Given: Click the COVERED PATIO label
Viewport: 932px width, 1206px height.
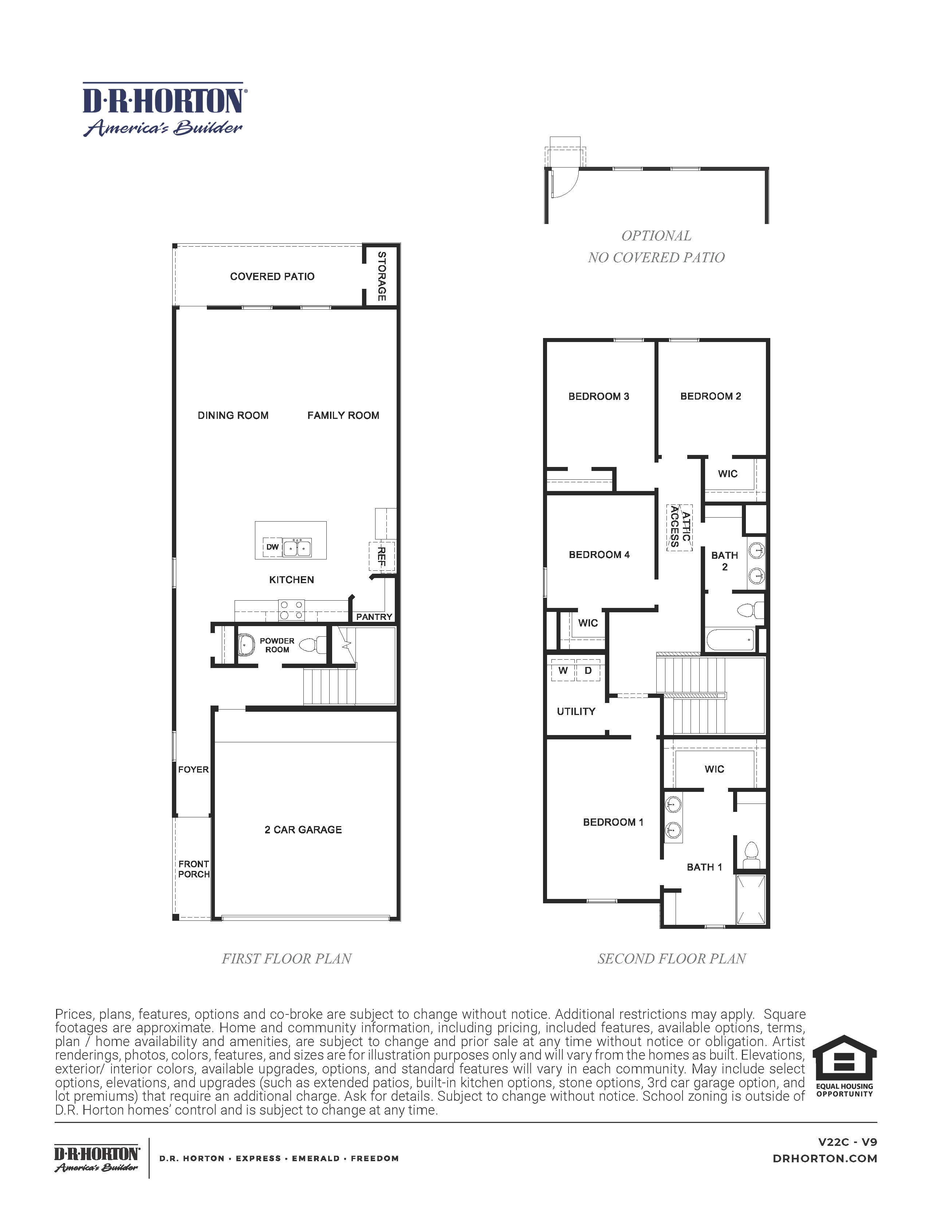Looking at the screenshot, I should pyautogui.click(x=272, y=277).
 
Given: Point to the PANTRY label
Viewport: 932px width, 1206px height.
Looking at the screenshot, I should pyautogui.click(x=374, y=617).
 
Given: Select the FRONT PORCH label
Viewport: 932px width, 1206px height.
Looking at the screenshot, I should pyautogui.click(x=194, y=869).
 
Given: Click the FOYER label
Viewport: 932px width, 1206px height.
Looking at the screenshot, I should pyautogui.click(x=193, y=769).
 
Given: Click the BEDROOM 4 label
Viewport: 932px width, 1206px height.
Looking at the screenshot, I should pyautogui.click(x=599, y=554).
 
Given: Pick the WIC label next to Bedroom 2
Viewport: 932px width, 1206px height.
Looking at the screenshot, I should pyautogui.click(x=728, y=474).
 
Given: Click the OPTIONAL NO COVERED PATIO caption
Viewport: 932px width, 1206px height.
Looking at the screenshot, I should pyautogui.click(x=656, y=246).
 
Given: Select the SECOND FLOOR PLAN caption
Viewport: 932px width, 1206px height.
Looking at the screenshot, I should pyautogui.click(x=671, y=959).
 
